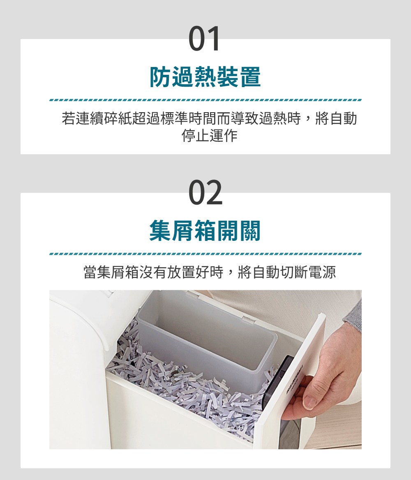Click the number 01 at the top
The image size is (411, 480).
click(x=205, y=39)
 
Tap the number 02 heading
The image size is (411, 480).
click(x=205, y=192)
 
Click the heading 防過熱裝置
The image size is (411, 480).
click(x=205, y=77)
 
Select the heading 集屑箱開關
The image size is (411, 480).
click(x=205, y=231)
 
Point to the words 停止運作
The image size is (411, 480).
click(x=209, y=136)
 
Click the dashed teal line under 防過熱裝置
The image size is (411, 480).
click(x=205, y=100)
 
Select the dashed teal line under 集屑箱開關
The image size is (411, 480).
click(x=205, y=254)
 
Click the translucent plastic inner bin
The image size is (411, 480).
click(x=205, y=337)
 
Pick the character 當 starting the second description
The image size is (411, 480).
click(x=90, y=272)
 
